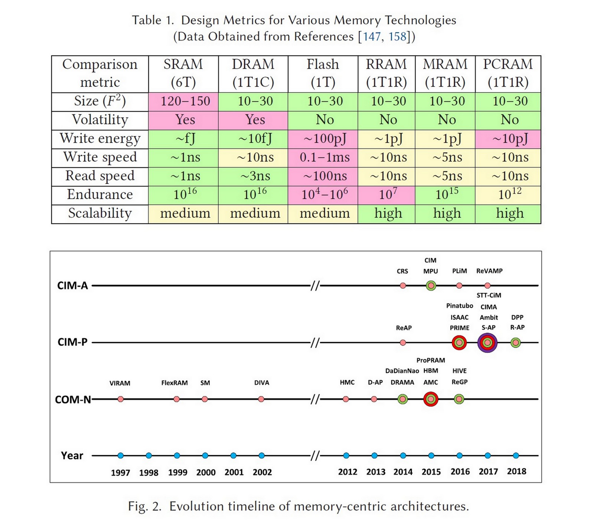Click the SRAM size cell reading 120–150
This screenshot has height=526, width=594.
[185, 101]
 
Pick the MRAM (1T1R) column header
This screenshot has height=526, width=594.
[445, 74]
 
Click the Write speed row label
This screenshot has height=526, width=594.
[100, 158]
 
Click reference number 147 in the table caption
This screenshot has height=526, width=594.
[371, 37]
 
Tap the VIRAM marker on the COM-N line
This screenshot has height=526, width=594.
[120, 399]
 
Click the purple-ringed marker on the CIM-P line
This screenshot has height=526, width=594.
[487, 342]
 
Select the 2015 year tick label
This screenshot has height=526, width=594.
[431, 472]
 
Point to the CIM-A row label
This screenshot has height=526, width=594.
[72, 286]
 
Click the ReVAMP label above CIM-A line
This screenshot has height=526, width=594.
[489, 271]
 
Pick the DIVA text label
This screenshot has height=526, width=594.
[262, 383]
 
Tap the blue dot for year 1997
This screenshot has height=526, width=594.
[120, 455]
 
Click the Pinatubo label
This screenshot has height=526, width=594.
[459, 306]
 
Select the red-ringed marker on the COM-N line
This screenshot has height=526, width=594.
[431, 399]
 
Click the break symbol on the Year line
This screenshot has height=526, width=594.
[315, 455]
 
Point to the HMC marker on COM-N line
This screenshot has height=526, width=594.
[346, 399]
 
